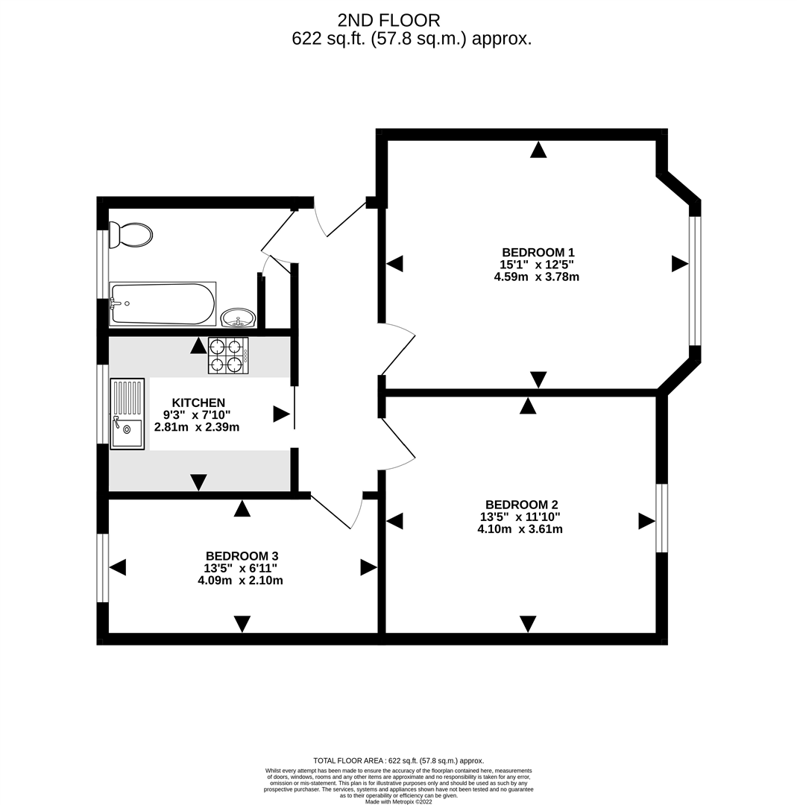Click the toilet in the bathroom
pyautogui.click(x=131, y=235)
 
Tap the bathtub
pyautogui.click(x=163, y=303)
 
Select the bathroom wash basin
pyautogui.click(x=238, y=318)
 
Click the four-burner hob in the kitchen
pyautogui.click(x=228, y=356)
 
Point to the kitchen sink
pyautogui.click(x=127, y=414)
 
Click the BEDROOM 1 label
pyautogui.click(x=538, y=253)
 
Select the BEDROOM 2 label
pyautogui.click(x=521, y=505)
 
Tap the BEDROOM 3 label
pyautogui.click(x=242, y=556)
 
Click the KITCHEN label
pyautogui.click(x=198, y=403)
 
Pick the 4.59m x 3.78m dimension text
pyautogui.click(x=537, y=277)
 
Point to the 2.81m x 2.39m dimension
pyautogui.click(x=197, y=427)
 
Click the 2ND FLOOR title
pyautogui.click(x=388, y=21)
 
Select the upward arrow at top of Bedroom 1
pyautogui.click(x=538, y=149)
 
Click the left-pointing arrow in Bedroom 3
pyautogui.click(x=118, y=567)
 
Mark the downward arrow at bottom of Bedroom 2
pyautogui.click(x=527, y=624)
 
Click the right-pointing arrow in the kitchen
pyautogui.click(x=281, y=414)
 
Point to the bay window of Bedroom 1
pyautogui.click(x=694, y=280)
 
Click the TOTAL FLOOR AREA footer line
pyautogui.click(x=398, y=761)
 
